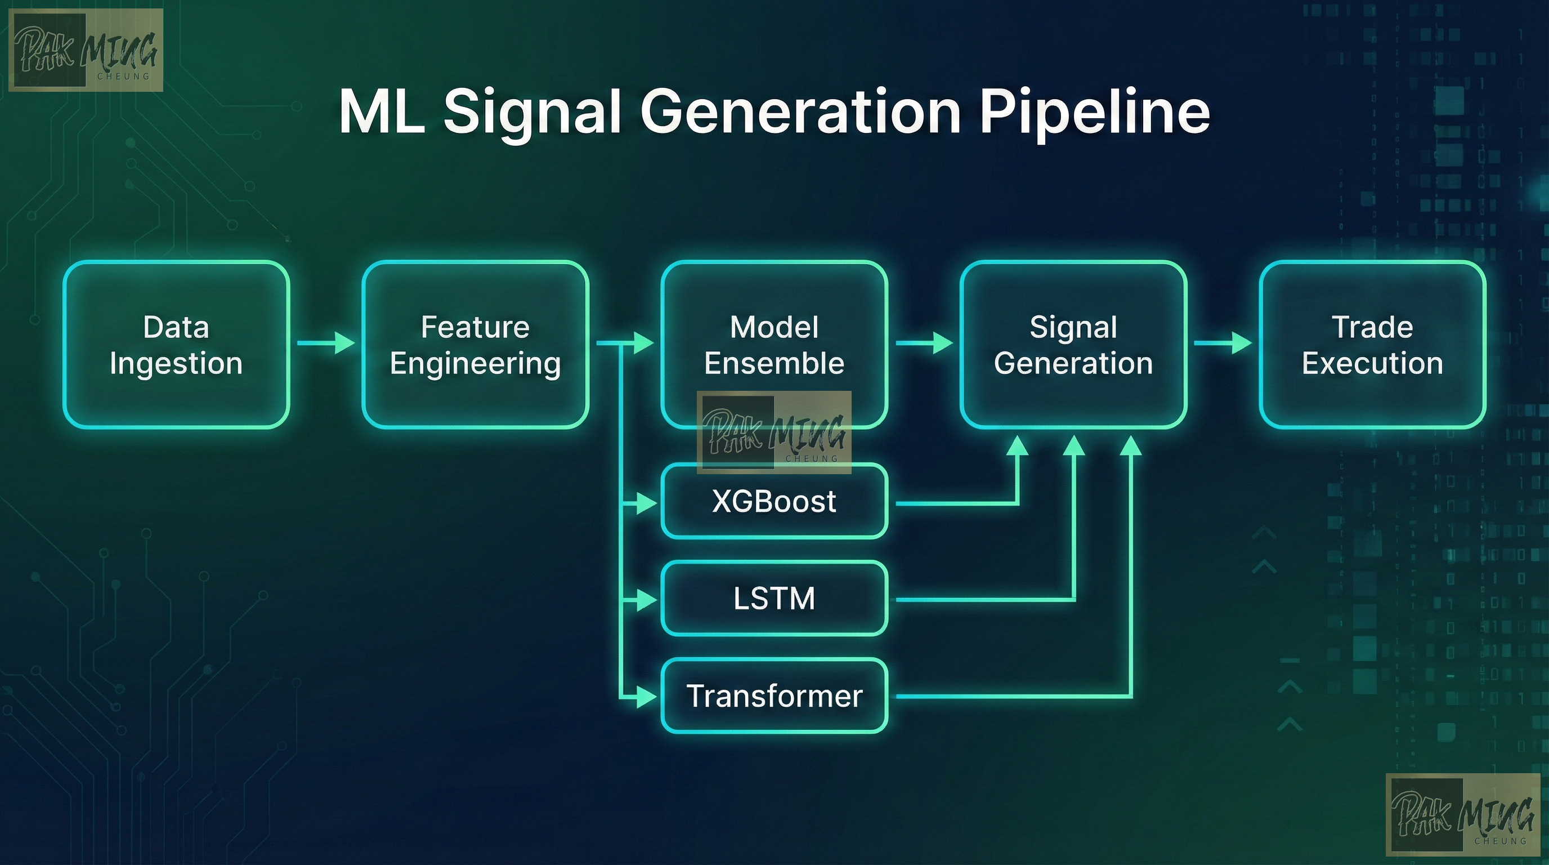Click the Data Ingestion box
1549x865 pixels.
[176, 345]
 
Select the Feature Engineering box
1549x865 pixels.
[475, 345]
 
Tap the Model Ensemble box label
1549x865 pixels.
[774, 345]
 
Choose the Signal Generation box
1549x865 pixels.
[1073, 345]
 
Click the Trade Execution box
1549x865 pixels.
[1372, 345]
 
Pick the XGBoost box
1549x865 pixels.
[774, 501]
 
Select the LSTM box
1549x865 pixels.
[774, 599]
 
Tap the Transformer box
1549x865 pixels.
[774, 696]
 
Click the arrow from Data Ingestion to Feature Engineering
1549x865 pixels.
[326, 343]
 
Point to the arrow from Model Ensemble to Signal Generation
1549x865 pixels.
[924, 343]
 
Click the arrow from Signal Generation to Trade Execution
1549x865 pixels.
[1223, 343]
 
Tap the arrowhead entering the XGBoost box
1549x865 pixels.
[646, 502]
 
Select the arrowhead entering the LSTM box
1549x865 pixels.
[646, 600]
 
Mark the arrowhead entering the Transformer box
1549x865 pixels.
[646, 697]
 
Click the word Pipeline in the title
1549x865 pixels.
[1094, 113]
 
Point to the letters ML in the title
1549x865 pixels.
[380, 113]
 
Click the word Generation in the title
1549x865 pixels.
[800, 113]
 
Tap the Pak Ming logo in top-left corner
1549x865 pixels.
[86, 51]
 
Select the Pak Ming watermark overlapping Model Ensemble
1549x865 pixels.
[774, 432]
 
